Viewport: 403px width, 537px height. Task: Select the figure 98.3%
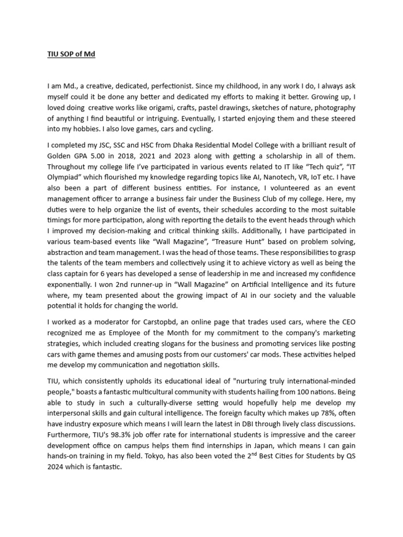click(116, 435)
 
